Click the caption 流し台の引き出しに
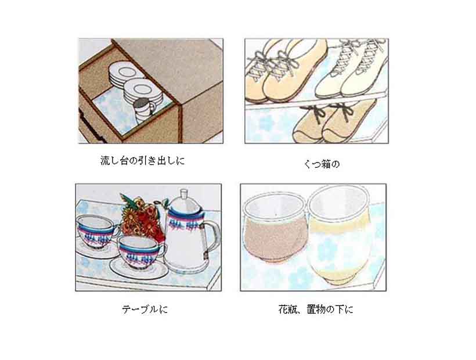coord(142,161)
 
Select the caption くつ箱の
coord(322,164)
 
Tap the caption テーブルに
coord(145,309)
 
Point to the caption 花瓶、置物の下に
coord(316,309)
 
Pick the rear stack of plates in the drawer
coord(122,74)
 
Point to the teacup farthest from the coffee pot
coord(96,231)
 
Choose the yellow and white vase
coord(340,235)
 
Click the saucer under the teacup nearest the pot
coord(139,269)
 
